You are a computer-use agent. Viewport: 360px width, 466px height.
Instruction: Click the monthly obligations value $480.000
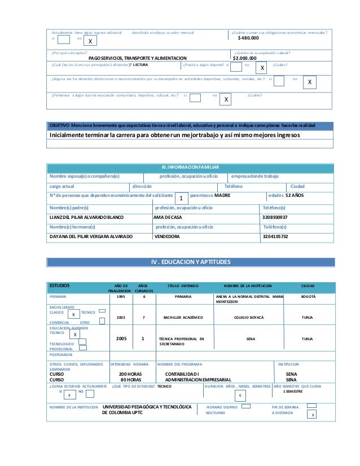[x=248, y=38]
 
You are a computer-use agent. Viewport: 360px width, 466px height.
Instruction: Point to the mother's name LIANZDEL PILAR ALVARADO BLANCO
[x=87, y=217]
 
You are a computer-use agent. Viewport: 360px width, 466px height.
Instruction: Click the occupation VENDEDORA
[x=168, y=236]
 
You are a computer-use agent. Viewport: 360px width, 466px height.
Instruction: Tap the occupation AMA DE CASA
[x=168, y=217]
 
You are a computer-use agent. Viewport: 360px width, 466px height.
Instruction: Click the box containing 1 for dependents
[x=180, y=199]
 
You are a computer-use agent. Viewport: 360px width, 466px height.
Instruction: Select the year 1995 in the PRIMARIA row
[x=121, y=296]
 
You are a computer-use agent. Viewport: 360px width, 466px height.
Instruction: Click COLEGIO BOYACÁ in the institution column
[x=249, y=317]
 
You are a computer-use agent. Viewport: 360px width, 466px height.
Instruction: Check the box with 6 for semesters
[x=240, y=395]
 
